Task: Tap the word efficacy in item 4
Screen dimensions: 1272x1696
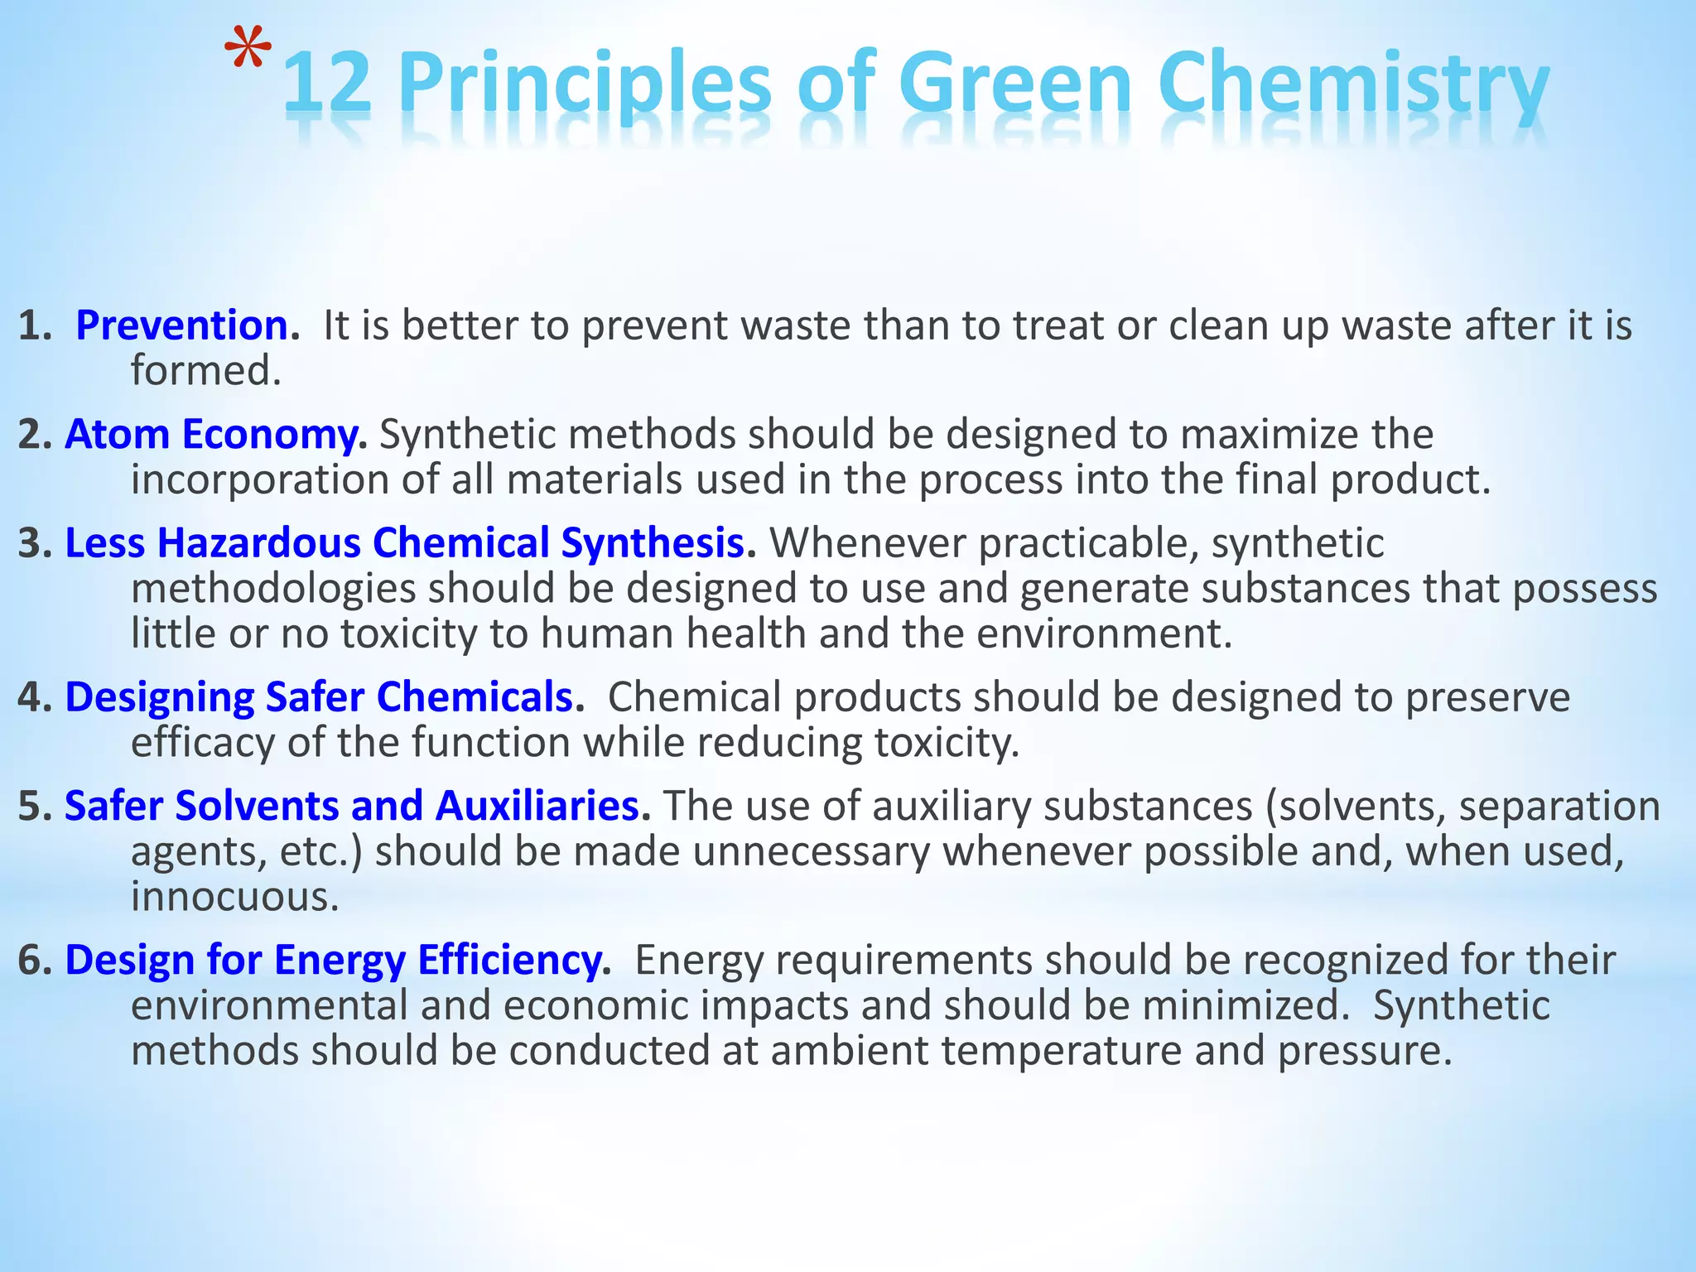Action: pyautogui.click(x=203, y=743)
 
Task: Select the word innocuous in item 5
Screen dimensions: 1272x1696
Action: pyautogui.click(x=235, y=897)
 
